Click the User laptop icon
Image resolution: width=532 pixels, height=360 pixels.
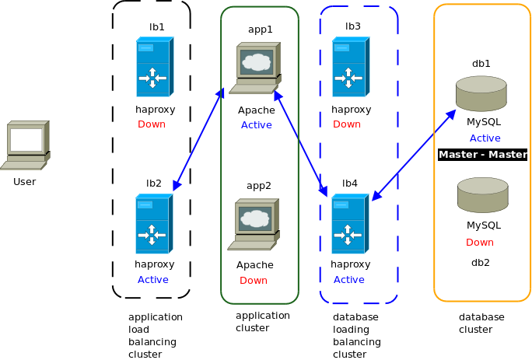click(x=25, y=145)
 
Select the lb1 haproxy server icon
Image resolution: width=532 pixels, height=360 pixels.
click(x=155, y=67)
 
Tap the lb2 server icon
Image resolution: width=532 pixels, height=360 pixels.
click(x=154, y=224)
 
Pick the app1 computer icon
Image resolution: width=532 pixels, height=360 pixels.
click(x=255, y=68)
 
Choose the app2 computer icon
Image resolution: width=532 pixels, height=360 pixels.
click(x=254, y=224)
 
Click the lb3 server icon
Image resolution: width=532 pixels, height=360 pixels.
click(x=351, y=67)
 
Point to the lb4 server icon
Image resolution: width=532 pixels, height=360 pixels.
click(x=350, y=224)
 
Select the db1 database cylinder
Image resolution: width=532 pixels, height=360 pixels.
click(x=481, y=93)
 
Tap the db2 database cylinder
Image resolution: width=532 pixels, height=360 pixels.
click(x=483, y=195)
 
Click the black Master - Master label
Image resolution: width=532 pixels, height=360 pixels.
click(x=483, y=155)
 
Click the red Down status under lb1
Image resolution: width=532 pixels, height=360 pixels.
click(x=152, y=124)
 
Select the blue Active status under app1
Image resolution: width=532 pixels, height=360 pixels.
click(x=257, y=125)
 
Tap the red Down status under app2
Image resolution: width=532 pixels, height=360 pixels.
click(x=254, y=280)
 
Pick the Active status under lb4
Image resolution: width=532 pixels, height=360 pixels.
click(x=348, y=280)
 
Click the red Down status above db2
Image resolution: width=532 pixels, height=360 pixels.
click(x=480, y=243)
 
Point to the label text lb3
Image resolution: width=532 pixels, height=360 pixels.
click(x=353, y=26)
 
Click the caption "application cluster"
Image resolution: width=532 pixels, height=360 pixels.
click(x=263, y=322)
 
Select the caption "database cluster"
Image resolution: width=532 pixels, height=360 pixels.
click(x=481, y=323)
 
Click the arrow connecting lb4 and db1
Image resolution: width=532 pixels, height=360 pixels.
click(x=414, y=155)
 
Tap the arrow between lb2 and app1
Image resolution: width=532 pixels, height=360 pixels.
click(x=198, y=139)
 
